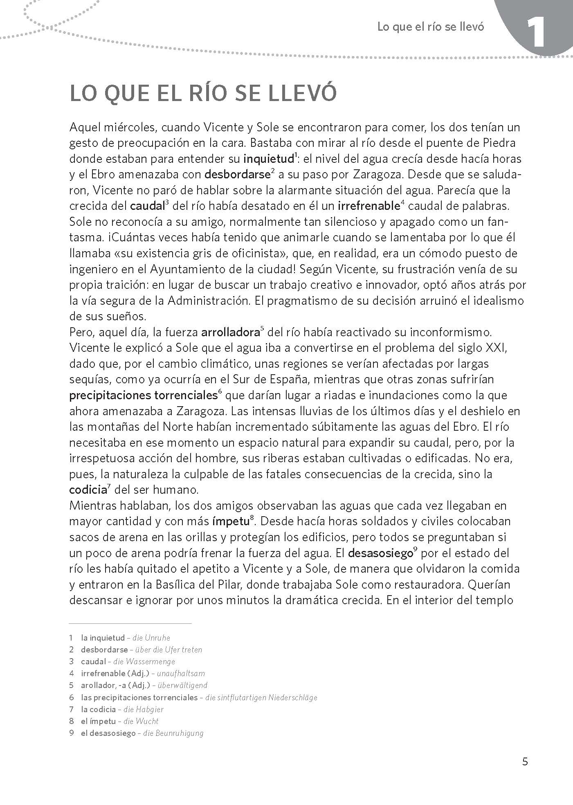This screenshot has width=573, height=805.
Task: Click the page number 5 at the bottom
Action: point(525,762)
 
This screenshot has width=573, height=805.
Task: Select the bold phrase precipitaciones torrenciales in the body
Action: point(143,396)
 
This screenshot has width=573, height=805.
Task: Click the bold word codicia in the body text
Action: point(88,490)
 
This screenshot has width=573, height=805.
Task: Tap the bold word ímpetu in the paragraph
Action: point(231,522)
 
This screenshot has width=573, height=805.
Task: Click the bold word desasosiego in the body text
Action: point(380,553)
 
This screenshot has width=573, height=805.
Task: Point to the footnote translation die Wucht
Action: point(141,721)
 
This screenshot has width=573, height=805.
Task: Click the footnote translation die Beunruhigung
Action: point(173,733)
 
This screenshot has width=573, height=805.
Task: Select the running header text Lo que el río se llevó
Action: point(430,27)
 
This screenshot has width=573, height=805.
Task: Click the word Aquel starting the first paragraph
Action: point(85,127)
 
